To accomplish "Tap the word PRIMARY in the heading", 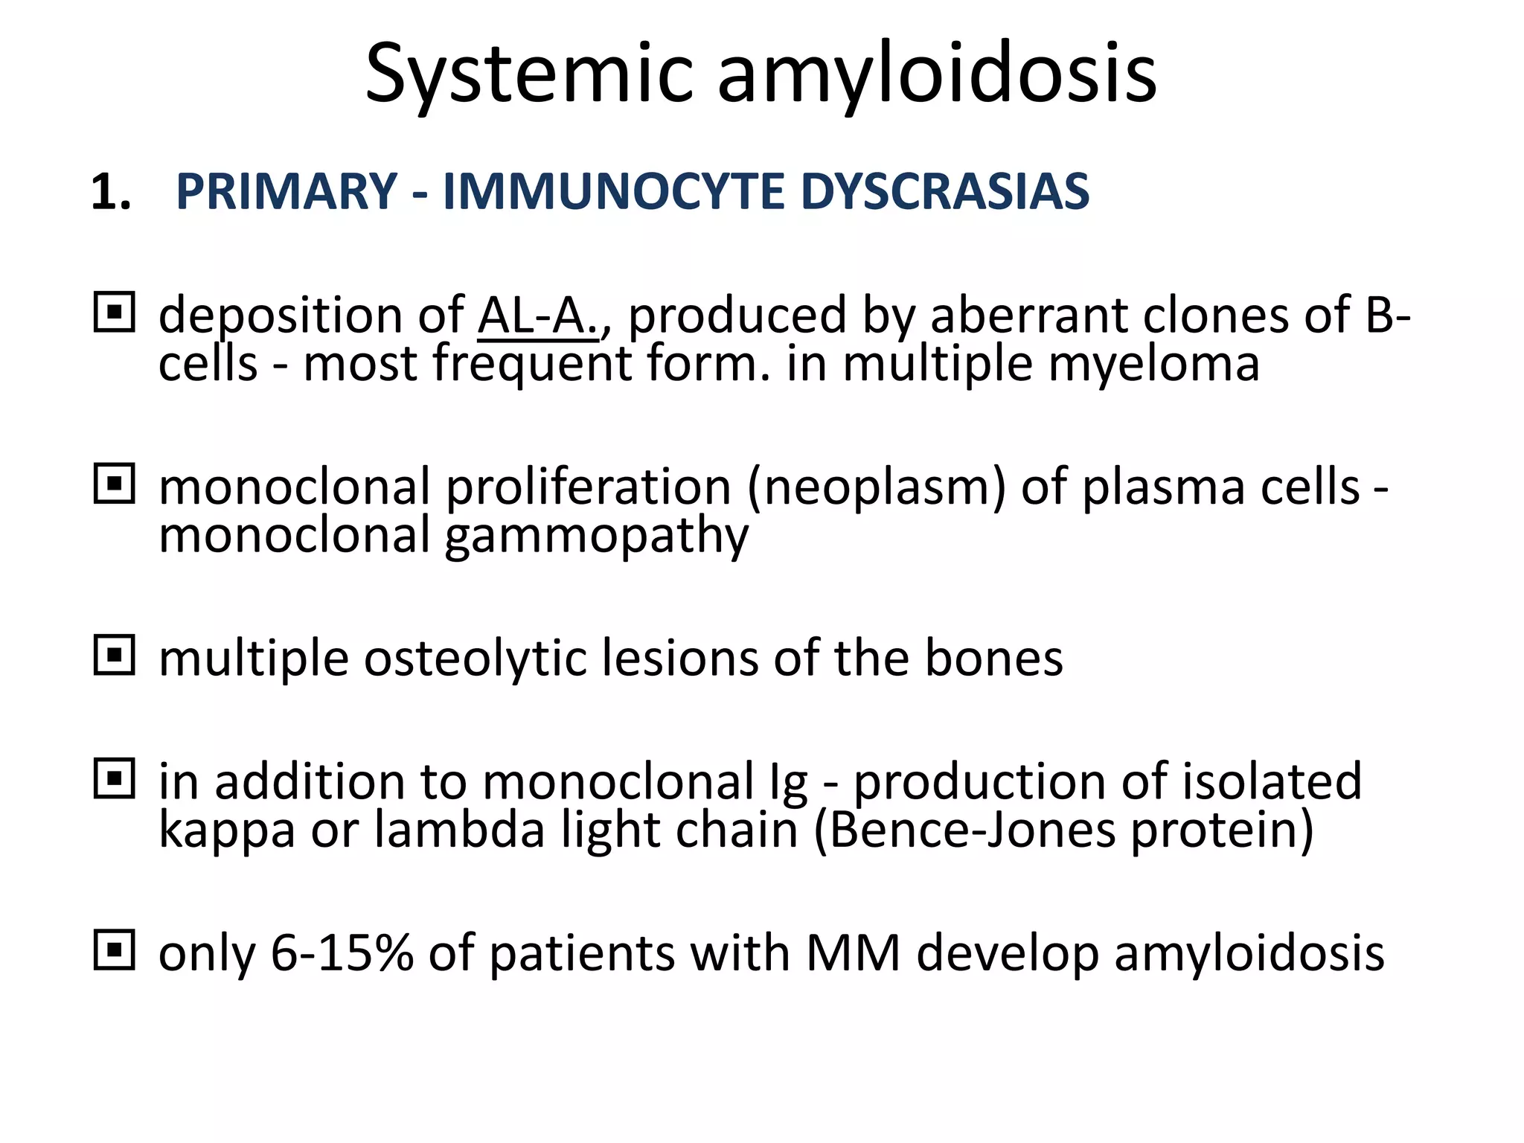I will (286, 192).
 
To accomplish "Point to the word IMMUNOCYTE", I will (613, 192).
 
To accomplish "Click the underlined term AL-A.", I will (538, 316).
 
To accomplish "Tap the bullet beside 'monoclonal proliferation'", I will (115, 484).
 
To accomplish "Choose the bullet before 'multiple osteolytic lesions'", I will (115, 655).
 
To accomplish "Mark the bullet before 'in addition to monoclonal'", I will (115, 778).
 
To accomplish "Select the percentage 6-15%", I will (342, 953).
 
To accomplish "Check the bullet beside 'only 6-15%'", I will (115, 950).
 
